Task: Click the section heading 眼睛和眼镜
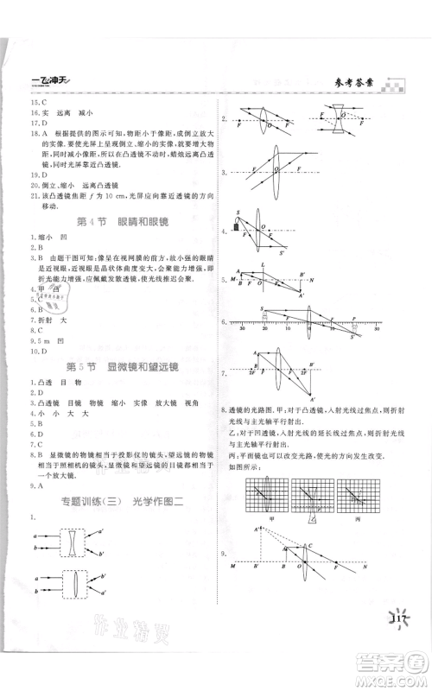click(139, 222)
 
